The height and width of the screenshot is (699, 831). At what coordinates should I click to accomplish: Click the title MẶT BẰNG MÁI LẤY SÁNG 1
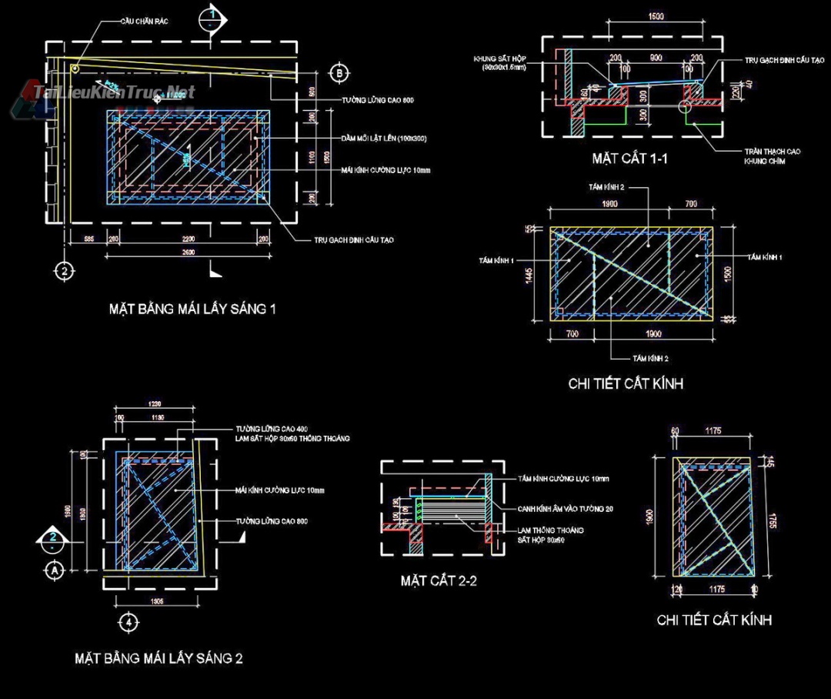coord(192,309)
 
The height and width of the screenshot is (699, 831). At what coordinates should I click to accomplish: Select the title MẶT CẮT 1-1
coord(629,159)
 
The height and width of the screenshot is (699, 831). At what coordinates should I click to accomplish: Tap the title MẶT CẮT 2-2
coord(439,580)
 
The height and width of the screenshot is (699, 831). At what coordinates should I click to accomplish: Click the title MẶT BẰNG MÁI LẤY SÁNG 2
coord(159,659)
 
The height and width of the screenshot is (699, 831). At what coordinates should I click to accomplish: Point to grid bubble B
coord(339,73)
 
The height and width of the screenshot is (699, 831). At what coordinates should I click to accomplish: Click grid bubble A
coord(54,570)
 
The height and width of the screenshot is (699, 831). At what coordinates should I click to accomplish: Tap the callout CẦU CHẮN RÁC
coord(143,22)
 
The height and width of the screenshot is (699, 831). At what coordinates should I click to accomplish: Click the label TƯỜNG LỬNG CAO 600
coord(378,101)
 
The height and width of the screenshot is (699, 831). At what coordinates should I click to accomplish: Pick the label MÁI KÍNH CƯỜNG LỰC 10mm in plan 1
coord(386,169)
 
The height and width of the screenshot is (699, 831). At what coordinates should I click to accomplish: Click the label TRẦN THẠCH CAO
coord(771,152)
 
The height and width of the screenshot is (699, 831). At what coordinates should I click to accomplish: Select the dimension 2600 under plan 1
coord(188,253)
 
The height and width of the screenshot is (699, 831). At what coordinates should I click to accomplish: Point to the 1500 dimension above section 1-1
coord(656,16)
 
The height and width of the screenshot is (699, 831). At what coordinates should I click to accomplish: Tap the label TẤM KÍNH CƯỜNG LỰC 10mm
coord(563,479)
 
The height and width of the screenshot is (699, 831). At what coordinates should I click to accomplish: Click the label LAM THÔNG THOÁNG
coord(550,530)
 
